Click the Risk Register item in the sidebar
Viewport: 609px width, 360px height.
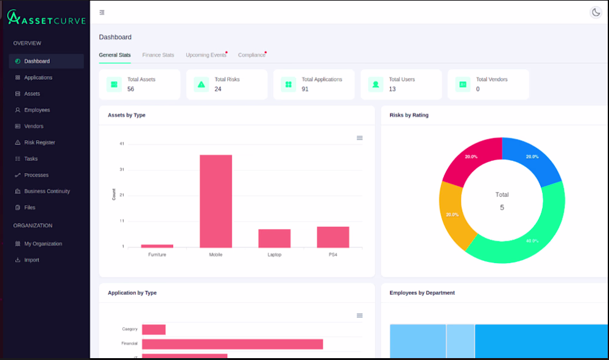[x=39, y=143]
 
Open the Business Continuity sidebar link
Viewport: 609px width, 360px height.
[x=47, y=191]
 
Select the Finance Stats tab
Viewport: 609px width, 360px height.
[x=158, y=55]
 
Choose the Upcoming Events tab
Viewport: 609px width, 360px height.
[x=206, y=55]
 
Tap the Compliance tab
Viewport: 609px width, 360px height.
[x=252, y=55]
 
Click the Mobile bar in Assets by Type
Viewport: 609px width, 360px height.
[x=216, y=201]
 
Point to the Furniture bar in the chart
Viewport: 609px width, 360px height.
[x=157, y=246]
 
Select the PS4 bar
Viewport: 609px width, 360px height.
[x=333, y=237]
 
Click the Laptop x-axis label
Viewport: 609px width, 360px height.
[x=274, y=255]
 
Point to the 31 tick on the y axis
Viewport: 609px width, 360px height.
[x=122, y=169]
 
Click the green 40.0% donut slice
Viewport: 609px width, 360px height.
[x=521, y=233]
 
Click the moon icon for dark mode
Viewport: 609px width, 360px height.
[x=596, y=12]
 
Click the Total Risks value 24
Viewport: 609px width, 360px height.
[x=218, y=89]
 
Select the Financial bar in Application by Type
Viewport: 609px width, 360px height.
[x=232, y=344]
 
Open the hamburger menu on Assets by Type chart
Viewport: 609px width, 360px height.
[x=360, y=138]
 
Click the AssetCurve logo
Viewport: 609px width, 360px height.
[x=46, y=18]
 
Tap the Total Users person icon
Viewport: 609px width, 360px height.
[x=376, y=84]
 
